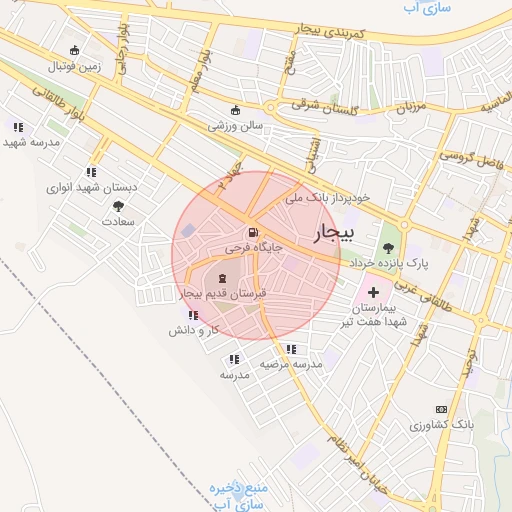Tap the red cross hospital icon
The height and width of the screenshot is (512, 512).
click(x=373, y=293)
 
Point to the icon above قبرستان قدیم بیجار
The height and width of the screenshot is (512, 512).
click(x=221, y=279)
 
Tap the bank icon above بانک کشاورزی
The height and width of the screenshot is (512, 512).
click(x=441, y=410)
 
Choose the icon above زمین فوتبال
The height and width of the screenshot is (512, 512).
click(x=74, y=51)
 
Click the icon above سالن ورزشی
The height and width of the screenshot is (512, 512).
click(x=236, y=110)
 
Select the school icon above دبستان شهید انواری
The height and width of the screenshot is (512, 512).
click(x=92, y=172)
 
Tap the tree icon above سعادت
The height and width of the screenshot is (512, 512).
click(x=118, y=205)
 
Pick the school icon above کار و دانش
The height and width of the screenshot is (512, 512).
click(x=193, y=315)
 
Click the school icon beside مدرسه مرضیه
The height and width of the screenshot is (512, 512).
click(x=291, y=349)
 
